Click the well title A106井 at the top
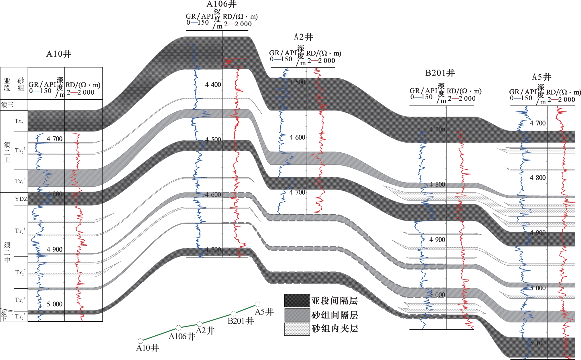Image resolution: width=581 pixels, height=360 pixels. (x=221, y=4)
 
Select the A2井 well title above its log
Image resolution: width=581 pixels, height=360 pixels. (x=304, y=37)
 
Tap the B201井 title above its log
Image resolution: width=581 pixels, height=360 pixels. (x=440, y=73)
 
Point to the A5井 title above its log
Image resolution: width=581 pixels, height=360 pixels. (x=541, y=77)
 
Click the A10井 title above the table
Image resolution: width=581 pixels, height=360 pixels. (x=59, y=54)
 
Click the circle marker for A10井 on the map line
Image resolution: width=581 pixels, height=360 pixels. (x=140, y=341)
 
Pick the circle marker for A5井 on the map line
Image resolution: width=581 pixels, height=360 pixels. (x=257, y=304)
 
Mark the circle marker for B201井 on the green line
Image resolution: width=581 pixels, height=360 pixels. (x=234, y=313)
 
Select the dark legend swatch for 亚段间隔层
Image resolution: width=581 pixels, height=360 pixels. (x=297, y=301)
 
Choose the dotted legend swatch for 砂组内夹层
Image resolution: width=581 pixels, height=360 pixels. (x=297, y=329)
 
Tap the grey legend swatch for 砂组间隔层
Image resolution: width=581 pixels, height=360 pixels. (x=297, y=315)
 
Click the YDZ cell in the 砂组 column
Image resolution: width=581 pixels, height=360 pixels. (x=21, y=199)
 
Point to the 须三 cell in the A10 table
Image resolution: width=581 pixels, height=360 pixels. (x=7, y=105)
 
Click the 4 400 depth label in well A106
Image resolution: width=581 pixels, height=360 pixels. (x=213, y=84)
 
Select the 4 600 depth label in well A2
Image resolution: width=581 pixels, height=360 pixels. (x=297, y=137)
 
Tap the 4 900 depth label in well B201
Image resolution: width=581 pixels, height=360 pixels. (x=437, y=240)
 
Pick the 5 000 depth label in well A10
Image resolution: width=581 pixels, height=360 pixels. (x=54, y=304)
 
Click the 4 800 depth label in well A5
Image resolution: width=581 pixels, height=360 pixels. (x=537, y=178)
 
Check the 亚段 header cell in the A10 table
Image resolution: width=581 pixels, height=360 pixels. (x=7, y=84)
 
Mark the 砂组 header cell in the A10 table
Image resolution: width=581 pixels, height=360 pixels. (x=21, y=84)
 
